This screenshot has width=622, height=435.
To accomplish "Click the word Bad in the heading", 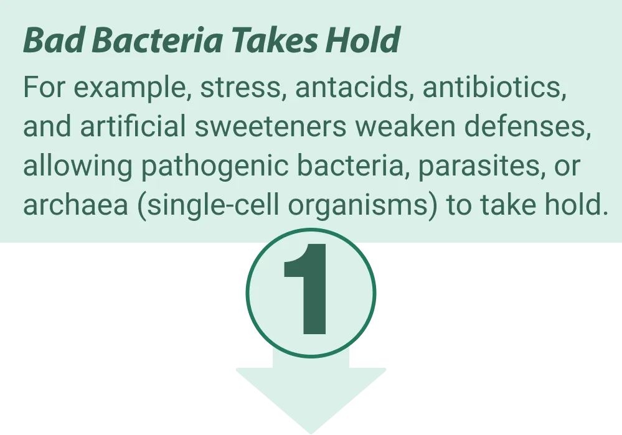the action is pos(54,40).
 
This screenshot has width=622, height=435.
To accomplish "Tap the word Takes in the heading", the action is pos(274,40).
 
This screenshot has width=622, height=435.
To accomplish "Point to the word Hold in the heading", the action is pos(362,40).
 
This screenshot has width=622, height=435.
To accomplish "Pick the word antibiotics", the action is pos(494,87).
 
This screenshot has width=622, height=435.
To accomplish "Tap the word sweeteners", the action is pos(271,127).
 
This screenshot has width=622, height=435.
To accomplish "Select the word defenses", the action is pos(527,127).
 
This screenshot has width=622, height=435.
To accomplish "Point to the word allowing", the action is pos(77,166).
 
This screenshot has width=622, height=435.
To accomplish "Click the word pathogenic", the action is pos(215,166).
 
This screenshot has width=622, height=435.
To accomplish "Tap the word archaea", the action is pos(75,205).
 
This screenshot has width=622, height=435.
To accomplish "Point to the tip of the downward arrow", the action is pos(311,433).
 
